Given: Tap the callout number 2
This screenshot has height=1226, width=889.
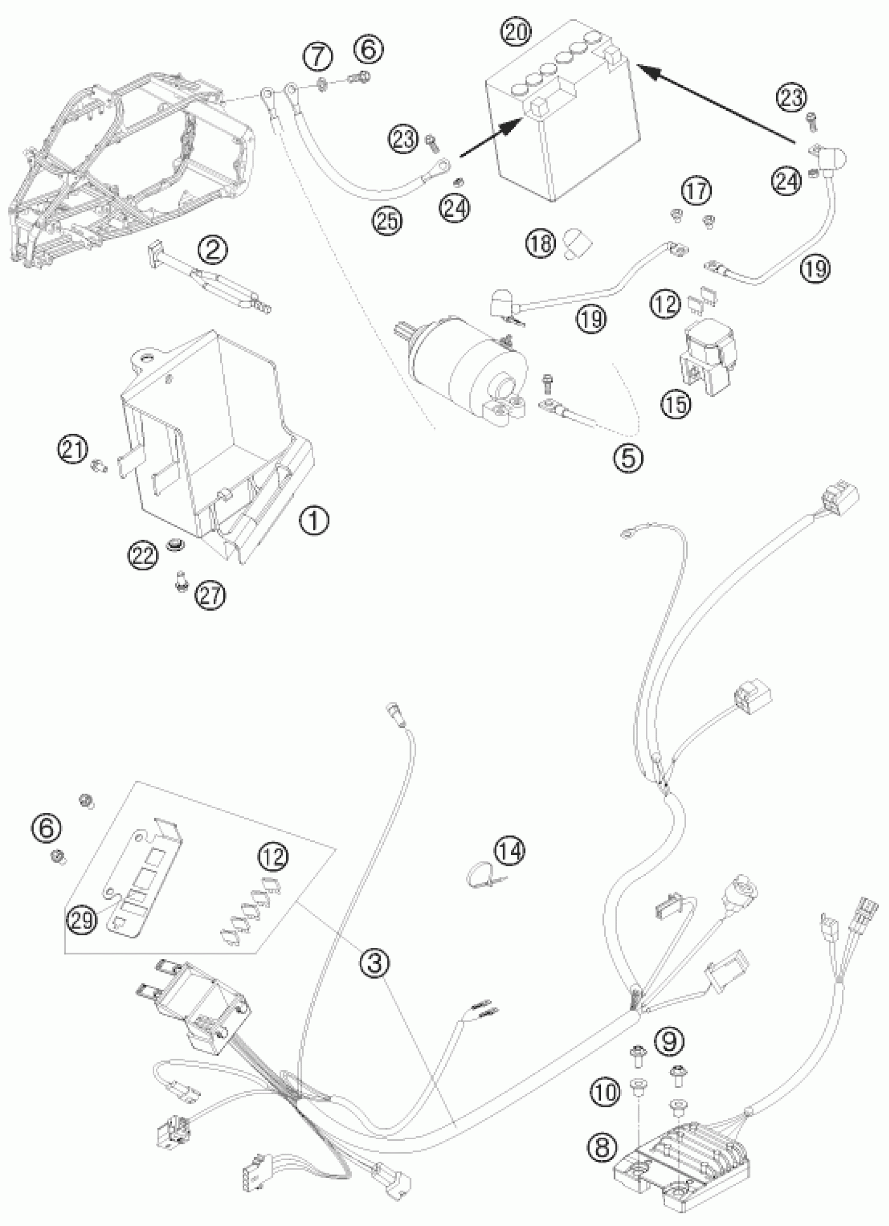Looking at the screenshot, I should [x=212, y=249].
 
